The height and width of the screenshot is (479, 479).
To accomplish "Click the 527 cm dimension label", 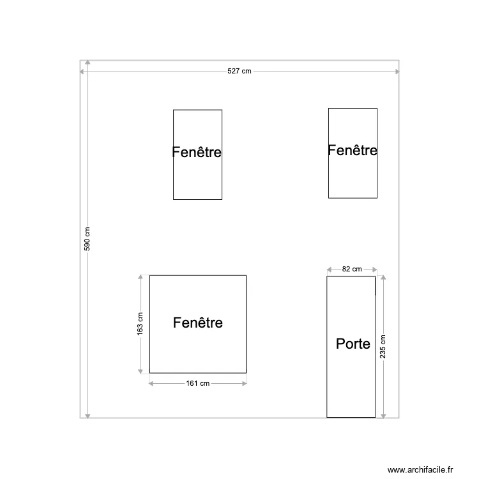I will [x=240, y=72].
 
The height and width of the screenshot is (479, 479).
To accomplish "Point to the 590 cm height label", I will [x=87, y=240].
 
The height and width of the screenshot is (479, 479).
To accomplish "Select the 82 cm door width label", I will [x=351, y=270].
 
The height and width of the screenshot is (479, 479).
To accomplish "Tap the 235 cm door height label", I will [x=383, y=347].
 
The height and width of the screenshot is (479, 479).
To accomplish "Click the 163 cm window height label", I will [x=140, y=324].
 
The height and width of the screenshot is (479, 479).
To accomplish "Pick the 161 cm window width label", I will [x=198, y=383].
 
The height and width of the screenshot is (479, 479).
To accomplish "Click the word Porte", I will [x=353, y=344].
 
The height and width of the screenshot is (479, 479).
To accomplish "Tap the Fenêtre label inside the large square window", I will [x=198, y=323].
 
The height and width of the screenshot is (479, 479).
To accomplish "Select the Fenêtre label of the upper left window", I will [x=197, y=153].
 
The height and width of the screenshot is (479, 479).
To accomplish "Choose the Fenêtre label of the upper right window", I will [x=352, y=150].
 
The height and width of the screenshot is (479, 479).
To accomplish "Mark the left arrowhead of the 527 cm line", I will [x=82, y=72].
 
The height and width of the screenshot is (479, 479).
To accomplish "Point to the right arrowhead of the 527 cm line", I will [x=397, y=72].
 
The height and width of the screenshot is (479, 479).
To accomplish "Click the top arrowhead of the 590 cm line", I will [x=87, y=64].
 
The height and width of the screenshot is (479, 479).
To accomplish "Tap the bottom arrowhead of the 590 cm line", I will [x=87, y=415].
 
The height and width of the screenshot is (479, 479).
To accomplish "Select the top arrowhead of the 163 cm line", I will [x=140, y=278].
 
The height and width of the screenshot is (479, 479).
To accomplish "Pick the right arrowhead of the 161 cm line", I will [x=244, y=383].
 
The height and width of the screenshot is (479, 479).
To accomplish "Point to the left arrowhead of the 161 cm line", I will [x=152, y=383].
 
